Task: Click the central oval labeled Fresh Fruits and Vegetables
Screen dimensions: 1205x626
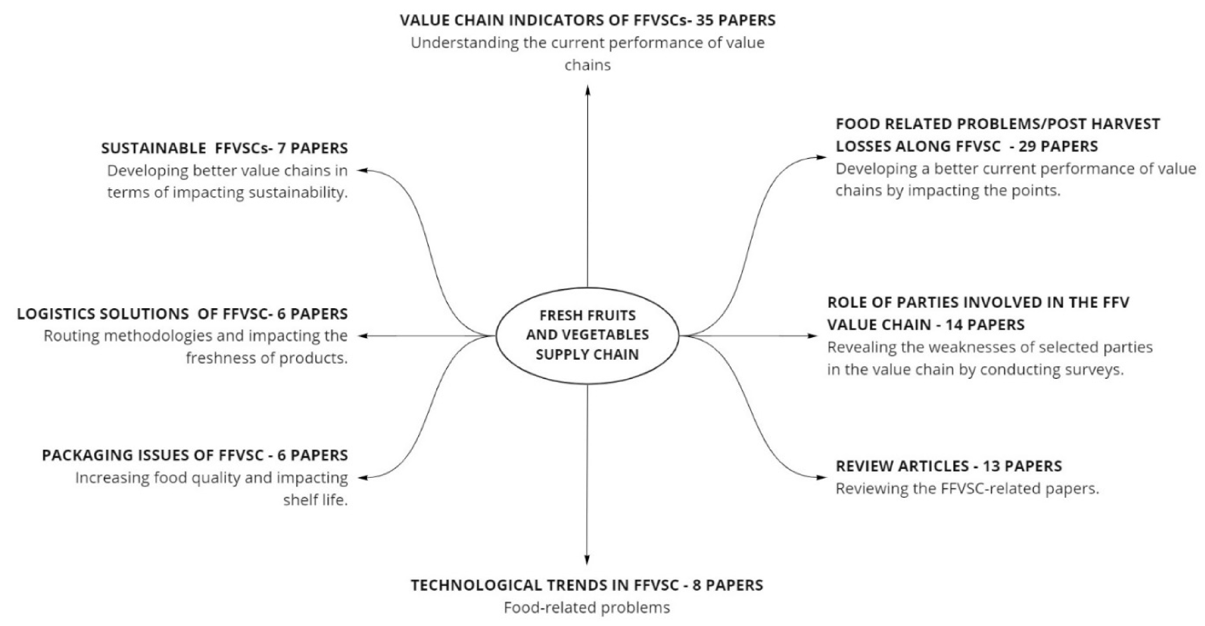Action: click(x=587, y=335)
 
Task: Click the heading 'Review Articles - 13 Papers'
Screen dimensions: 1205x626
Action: click(x=949, y=466)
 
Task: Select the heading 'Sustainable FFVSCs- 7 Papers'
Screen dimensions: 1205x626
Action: click(x=225, y=148)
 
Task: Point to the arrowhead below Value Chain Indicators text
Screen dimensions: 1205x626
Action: click(x=587, y=90)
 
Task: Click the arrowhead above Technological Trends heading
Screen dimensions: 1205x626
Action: click(x=587, y=559)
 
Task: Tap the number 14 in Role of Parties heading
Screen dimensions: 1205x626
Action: click(x=954, y=325)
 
